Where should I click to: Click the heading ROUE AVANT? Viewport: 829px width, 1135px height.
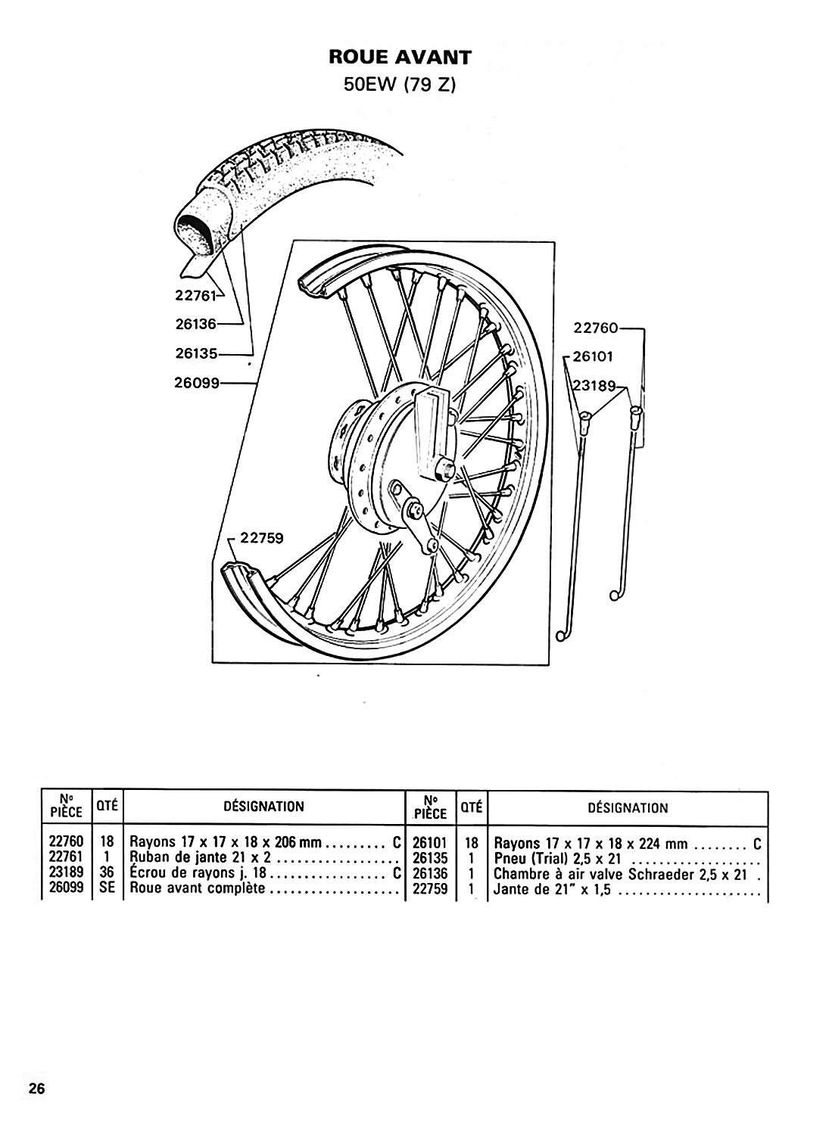[399, 58]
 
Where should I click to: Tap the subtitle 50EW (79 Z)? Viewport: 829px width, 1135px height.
[399, 85]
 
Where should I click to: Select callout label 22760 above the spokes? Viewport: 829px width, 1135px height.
[597, 328]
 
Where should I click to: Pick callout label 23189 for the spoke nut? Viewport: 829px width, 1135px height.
[595, 384]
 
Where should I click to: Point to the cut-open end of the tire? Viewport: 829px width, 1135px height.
[198, 226]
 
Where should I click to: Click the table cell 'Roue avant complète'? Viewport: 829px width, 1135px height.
[198, 888]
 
